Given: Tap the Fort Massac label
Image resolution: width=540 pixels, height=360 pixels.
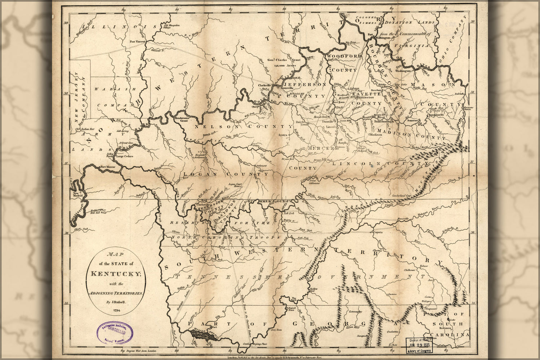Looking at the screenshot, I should (107, 167).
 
